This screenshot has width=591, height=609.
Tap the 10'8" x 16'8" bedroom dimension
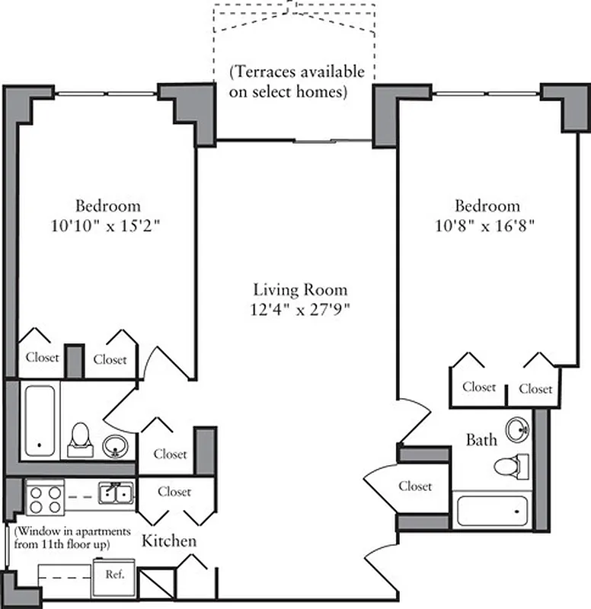[487, 226]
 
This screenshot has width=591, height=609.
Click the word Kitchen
[169, 542]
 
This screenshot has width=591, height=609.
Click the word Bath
[481, 440]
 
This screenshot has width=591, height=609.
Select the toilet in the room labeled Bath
[511, 464]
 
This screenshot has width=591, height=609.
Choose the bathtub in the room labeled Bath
[493, 509]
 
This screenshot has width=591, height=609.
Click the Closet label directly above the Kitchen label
[174, 492]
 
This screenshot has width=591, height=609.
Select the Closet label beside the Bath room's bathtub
[415, 486]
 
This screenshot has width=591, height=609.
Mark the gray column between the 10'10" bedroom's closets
[74, 361]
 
